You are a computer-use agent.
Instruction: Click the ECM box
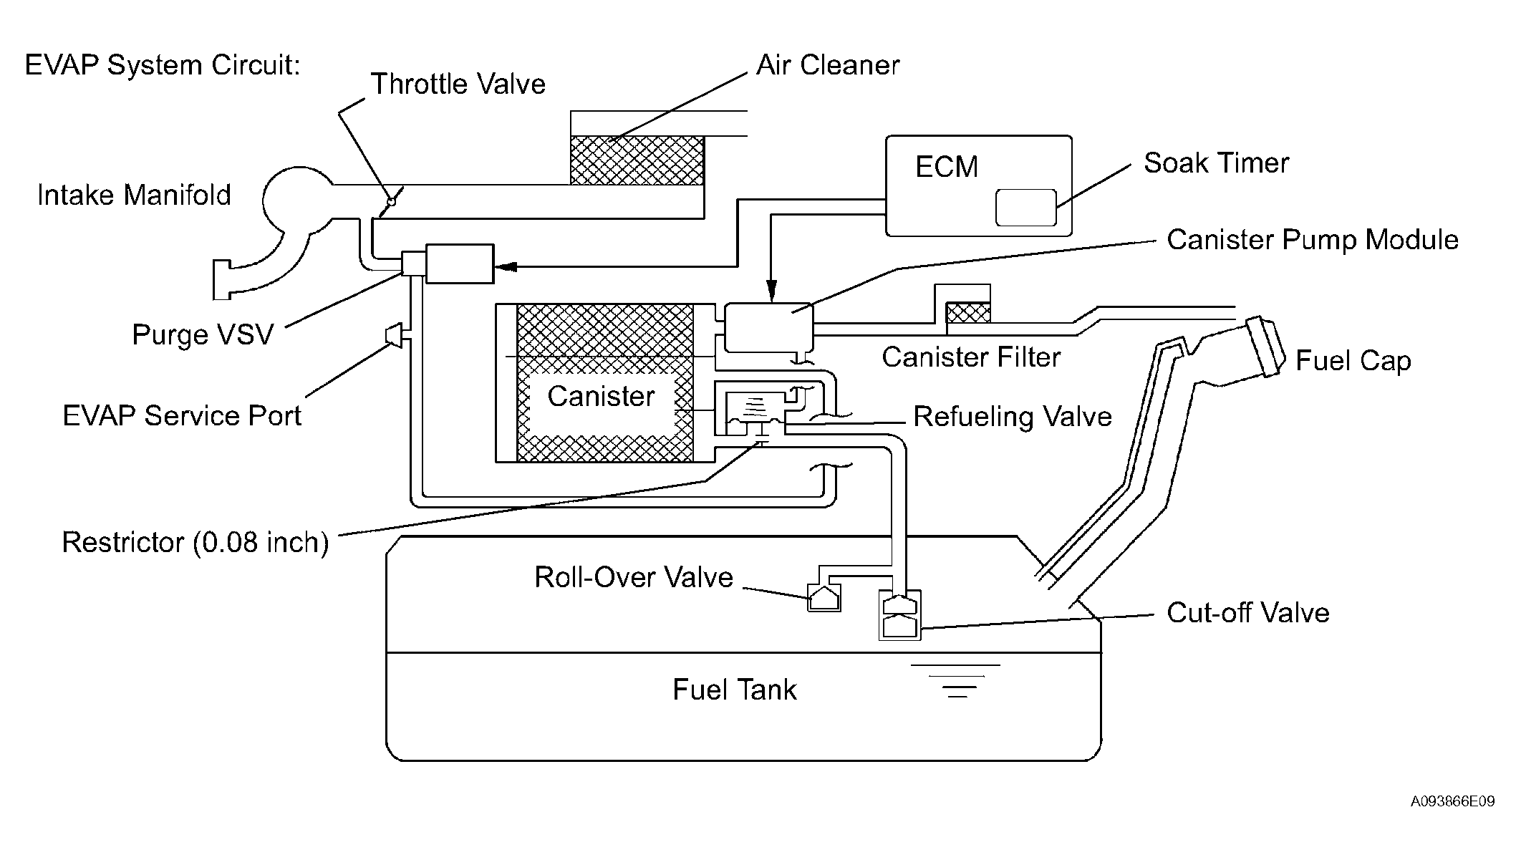979,185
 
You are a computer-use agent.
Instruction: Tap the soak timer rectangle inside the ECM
1026,208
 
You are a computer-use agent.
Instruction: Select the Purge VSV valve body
459,264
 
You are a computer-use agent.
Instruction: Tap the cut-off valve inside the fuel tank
900,615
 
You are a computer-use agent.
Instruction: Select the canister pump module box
768,327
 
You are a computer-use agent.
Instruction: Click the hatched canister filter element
968,312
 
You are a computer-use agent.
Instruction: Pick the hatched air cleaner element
637,160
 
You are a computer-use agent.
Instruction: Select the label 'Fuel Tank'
735,690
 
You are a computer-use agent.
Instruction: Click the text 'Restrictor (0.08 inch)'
195,543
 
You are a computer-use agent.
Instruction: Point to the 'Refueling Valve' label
1013,417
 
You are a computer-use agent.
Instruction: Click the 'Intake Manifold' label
134,195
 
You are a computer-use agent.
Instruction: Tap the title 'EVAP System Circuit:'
163,65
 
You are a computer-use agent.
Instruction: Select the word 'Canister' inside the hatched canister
601,396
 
